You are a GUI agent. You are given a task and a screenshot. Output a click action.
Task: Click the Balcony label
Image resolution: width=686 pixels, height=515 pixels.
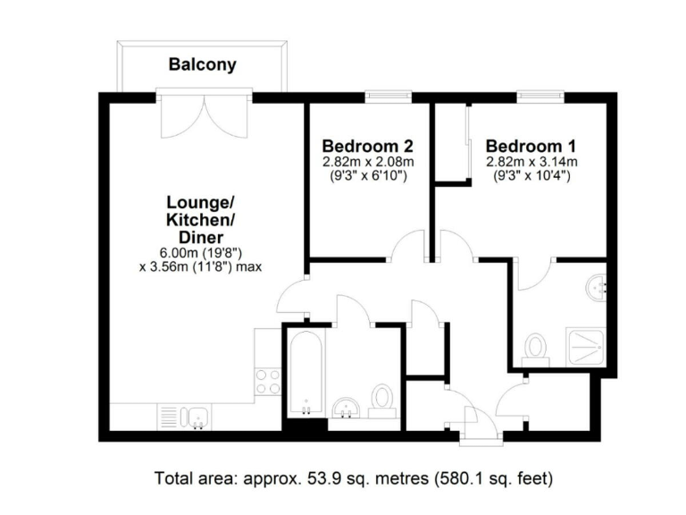[x=203, y=64]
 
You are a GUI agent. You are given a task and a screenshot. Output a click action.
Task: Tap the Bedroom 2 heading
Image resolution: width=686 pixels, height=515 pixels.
[x=367, y=146]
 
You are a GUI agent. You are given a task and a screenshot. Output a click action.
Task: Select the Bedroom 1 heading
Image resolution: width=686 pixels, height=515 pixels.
[x=531, y=146]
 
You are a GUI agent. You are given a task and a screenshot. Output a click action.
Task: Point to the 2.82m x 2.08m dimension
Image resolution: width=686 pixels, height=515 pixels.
[x=367, y=162]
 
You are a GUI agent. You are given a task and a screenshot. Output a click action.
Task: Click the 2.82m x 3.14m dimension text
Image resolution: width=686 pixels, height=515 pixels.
[x=531, y=162]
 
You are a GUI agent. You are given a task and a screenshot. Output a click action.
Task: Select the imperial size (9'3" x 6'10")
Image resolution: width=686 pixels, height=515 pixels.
[x=367, y=176]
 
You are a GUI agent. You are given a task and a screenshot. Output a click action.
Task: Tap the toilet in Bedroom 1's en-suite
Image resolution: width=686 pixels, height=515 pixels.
[x=537, y=347]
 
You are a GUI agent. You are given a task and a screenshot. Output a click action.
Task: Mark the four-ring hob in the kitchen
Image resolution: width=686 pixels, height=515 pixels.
[x=267, y=381]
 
